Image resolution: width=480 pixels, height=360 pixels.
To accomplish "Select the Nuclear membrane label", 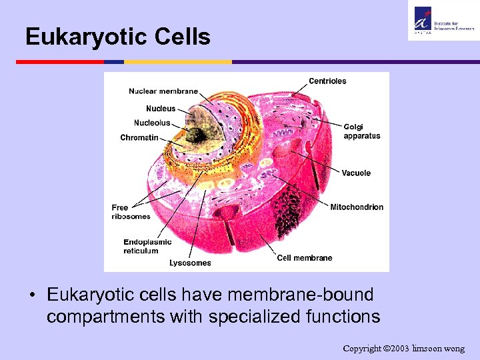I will (163, 91).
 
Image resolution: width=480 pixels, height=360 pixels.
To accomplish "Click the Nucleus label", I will (161, 109).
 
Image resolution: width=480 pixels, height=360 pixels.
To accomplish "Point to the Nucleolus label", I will (152, 123).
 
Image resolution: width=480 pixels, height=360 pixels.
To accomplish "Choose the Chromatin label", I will (139, 138).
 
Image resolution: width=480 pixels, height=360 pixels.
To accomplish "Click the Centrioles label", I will (327, 81).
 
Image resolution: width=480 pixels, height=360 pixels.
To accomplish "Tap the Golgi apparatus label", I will (362, 131).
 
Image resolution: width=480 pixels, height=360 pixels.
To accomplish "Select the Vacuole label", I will (356, 173).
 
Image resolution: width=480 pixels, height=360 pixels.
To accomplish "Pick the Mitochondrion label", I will (357, 207).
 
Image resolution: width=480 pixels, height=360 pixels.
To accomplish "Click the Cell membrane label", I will (305, 258).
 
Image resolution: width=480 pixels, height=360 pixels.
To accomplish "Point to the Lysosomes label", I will (190, 263).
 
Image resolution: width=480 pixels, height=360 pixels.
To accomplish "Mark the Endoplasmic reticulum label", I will (147, 247).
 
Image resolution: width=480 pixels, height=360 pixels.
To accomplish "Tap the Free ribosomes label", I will (131, 212).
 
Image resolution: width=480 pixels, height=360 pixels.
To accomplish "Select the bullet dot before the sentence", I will (31, 295).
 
